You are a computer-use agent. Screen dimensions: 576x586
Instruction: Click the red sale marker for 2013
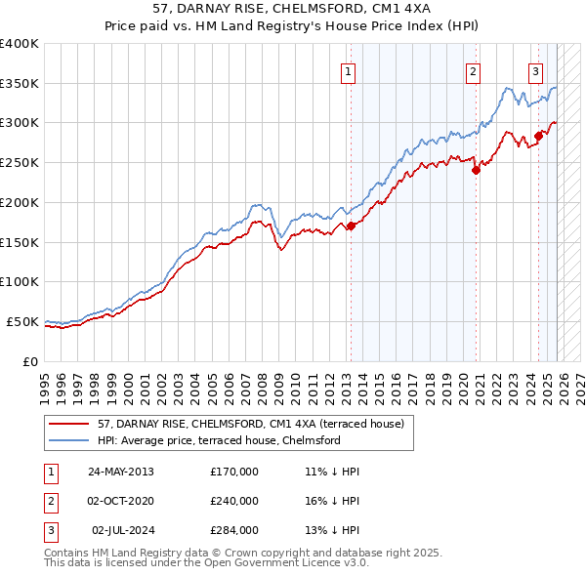(x=351, y=226)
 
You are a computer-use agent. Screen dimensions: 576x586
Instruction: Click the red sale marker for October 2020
(x=476, y=170)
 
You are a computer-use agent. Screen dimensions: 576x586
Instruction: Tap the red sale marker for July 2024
(x=538, y=135)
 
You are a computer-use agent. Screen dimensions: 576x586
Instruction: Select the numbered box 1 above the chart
(x=349, y=70)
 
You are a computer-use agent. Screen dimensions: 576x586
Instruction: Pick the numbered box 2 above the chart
(x=473, y=70)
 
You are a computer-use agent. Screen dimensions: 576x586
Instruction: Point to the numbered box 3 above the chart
(x=536, y=70)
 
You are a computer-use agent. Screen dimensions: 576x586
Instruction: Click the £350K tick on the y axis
(x=20, y=83)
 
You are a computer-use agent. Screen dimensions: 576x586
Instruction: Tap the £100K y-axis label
(x=20, y=281)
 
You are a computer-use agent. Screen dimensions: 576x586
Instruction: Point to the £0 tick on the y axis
(x=31, y=361)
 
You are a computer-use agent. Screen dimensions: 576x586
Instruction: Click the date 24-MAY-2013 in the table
(x=121, y=472)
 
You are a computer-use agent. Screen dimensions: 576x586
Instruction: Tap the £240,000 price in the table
(x=234, y=501)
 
